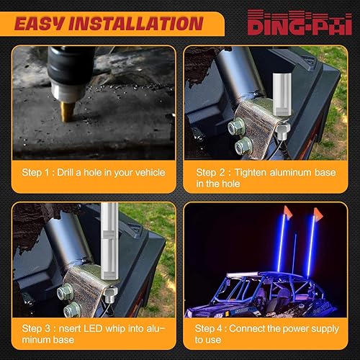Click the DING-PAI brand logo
click(303, 24)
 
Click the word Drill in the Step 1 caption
click(71, 173)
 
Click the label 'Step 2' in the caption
click(210, 173)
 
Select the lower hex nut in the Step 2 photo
click(243, 147)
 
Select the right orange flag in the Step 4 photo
click(319, 214)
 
